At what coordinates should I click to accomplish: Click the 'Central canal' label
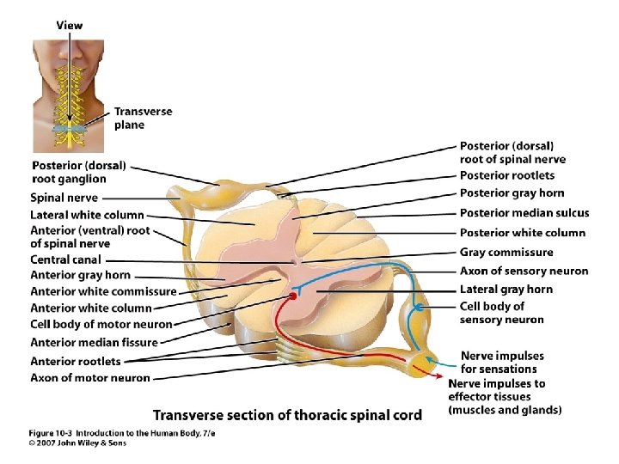pyautogui.click(x=65, y=259)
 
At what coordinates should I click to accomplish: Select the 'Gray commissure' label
pyautogui.click(x=506, y=253)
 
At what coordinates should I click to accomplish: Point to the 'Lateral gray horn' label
pyautogui.click(x=506, y=290)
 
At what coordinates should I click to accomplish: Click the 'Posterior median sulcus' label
pyautogui.click(x=524, y=213)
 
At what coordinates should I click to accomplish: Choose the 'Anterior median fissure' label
pyautogui.click(x=94, y=342)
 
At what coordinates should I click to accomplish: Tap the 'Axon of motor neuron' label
pyautogui.click(x=89, y=378)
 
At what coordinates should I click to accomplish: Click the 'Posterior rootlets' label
pyautogui.click(x=507, y=176)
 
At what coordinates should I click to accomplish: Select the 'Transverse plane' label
pyautogui.click(x=143, y=118)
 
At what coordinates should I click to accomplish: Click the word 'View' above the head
pyautogui.click(x=70, y=26)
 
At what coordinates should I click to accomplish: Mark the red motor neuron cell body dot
pyautogui.click(x=292, y=296)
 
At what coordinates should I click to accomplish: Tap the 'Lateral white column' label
pyautogui.click(x=87, y=215)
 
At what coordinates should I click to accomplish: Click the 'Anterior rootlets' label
pyautogui.click(x=75, y=361)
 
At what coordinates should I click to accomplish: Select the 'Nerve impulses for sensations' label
pyautogui.click(x=502, y=363)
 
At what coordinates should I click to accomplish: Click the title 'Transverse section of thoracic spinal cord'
pyautogui.click(x=287, y=415)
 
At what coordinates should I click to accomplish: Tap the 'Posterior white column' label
pyautogui.click(x=523, y=233)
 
